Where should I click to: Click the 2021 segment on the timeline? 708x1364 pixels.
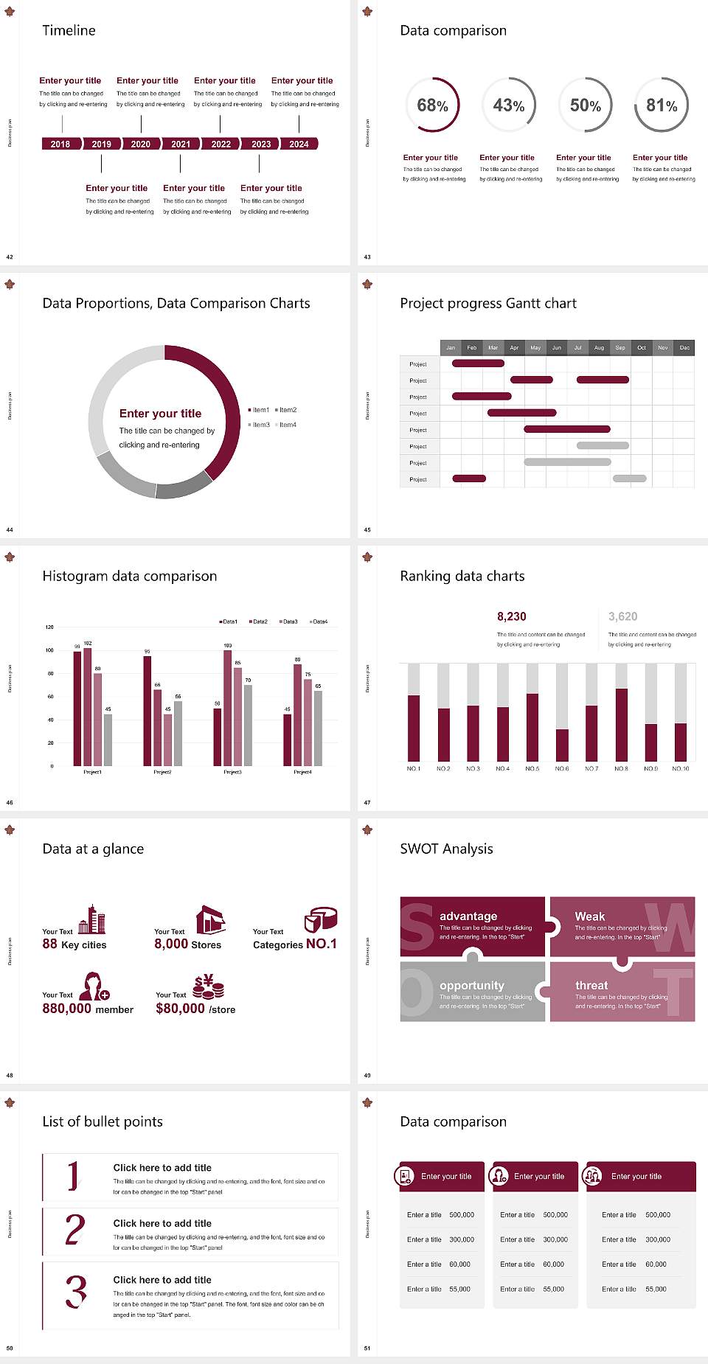[181, 144]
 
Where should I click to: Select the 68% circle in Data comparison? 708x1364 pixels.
[432, 105]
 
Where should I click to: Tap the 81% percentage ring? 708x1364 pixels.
[662, 105]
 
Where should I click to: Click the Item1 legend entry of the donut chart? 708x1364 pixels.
[260, 410]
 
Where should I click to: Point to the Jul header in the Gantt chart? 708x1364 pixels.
[577, 347]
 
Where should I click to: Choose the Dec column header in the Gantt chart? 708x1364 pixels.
[684, 347]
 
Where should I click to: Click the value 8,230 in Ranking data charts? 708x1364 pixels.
[512, 616]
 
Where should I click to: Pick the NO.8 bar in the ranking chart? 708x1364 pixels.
[622, 724]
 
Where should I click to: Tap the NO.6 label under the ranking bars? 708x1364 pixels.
[562, 768]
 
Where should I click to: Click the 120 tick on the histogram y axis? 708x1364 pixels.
[49, 627]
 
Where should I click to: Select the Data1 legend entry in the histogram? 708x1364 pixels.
[229, 622]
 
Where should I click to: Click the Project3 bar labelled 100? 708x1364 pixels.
[227, 707]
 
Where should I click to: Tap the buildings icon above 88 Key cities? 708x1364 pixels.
[92, 919]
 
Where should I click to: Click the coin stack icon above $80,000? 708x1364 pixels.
[208, 986]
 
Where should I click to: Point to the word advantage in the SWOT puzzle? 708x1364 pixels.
[468, 916]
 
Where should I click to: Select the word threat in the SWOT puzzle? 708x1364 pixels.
[591, 985]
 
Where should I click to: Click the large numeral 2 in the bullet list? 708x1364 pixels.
[75, 1230]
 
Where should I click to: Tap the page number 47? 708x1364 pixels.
[367, 802]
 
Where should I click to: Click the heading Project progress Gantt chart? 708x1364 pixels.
[488, 303]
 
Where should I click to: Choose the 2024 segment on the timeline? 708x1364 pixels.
[299, 144]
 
